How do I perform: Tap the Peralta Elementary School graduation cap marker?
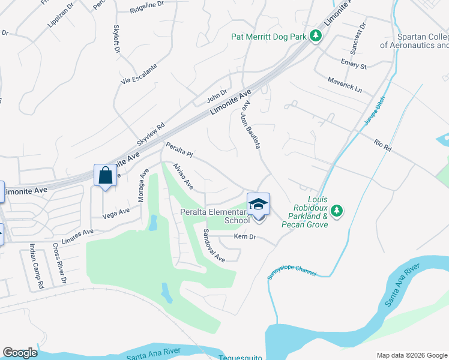pyautogui.click(x=258, y=205)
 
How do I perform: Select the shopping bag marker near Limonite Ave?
pyautogui.click(x=105, y=176)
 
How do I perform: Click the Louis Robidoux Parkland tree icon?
pyautogui.click(x=337, y=211)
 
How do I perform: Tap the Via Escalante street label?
pyautogui.click(x=139, y=73)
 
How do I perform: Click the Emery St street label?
pyautogui.click(x=353, y=64)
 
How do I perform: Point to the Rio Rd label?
pyautogui.click(x=382, y=145)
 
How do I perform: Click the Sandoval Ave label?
pyautogui.click(x=213, y=246)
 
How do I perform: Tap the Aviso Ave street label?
pyautogui.click(x=182, y=176)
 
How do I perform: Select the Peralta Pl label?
pyautogui.click(x=179, y=150)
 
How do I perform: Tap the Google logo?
pyautogui.click(x=20, y=353)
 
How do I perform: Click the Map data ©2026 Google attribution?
pyautogui.click(x=411, y=355)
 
